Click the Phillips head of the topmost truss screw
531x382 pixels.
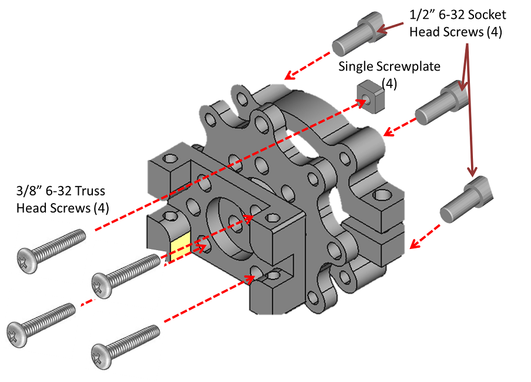(x=27, y=260)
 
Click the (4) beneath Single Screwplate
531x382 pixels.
(x=389, y=84)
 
